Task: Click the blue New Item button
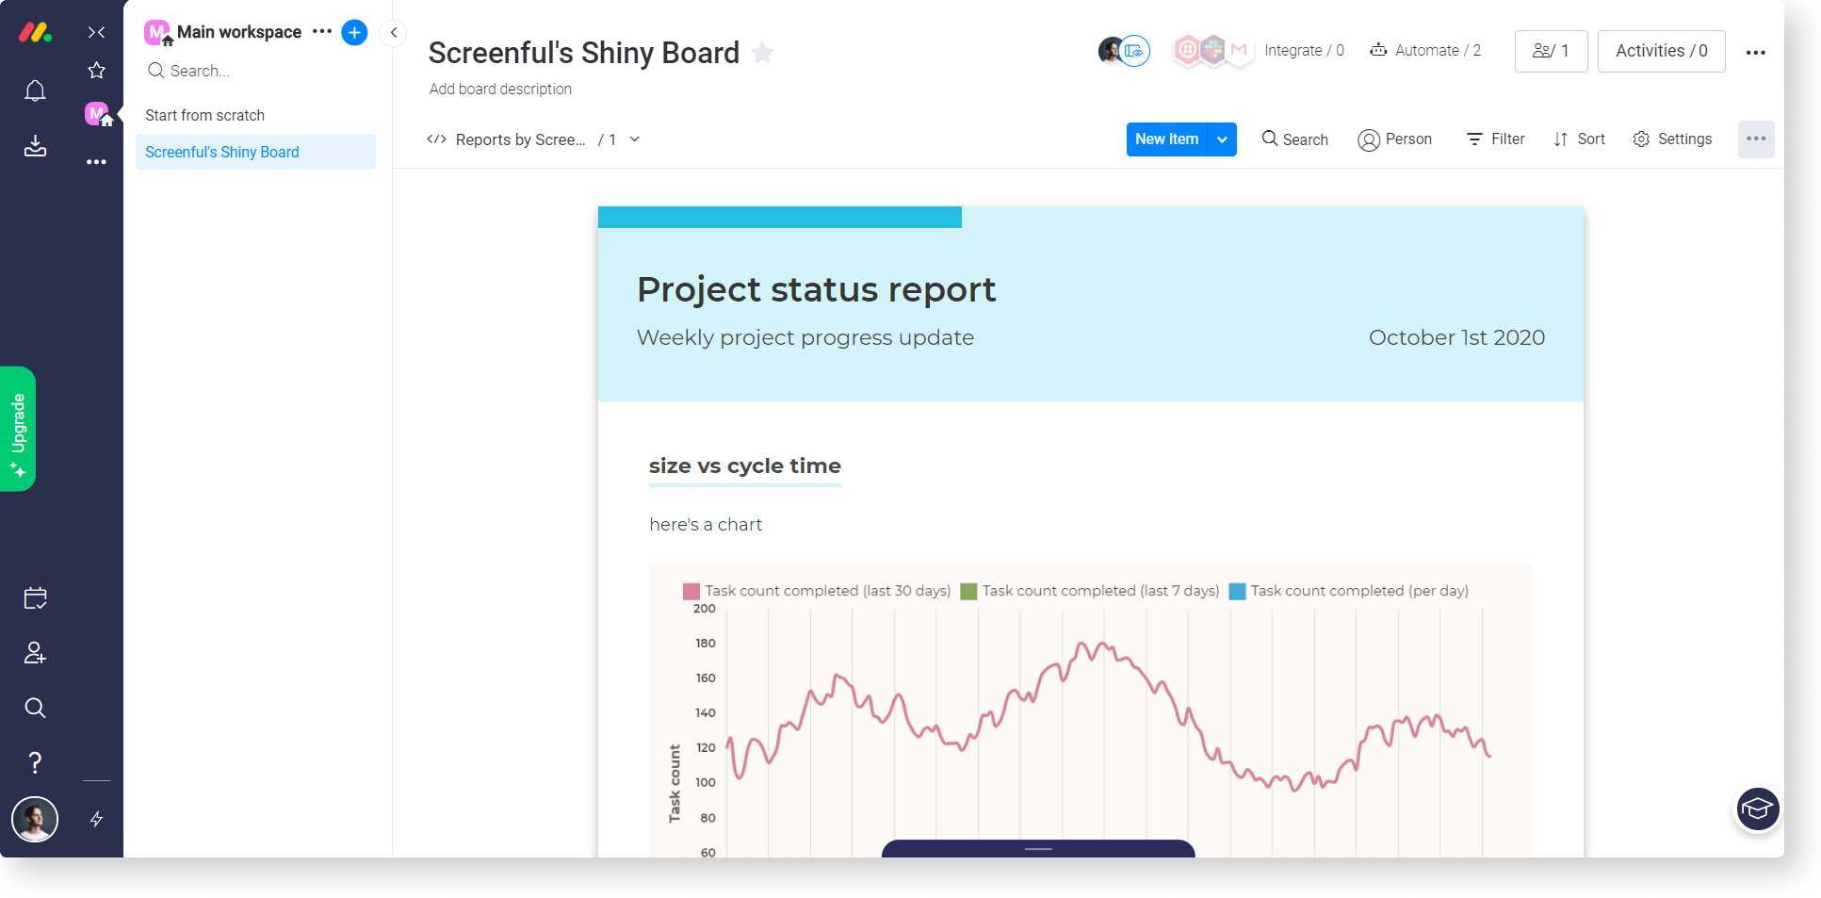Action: point(1166,139)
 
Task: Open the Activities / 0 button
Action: point(1661,51)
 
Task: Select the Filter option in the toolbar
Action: point(1495,139)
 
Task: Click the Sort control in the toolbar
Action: point(1579,139)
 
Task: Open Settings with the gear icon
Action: point(1672,139)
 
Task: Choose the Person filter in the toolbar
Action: point(1394,139)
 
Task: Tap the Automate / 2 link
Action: point(1425,51)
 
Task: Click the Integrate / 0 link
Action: point(1303,51)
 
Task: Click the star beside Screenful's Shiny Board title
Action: point(763,54)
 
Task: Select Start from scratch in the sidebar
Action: point(205,115)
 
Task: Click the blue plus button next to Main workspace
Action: point(354,32)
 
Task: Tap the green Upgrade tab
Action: point(18,429)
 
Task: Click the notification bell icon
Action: point(35,90)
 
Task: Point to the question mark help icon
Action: point(35,762)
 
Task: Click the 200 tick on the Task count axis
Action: point(705,609)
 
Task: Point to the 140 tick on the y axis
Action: point(706,713)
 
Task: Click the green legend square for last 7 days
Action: point(968,592)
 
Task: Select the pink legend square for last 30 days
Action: point(691,592)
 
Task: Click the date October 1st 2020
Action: point(1456,338)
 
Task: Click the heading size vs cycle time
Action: point(744,466)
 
